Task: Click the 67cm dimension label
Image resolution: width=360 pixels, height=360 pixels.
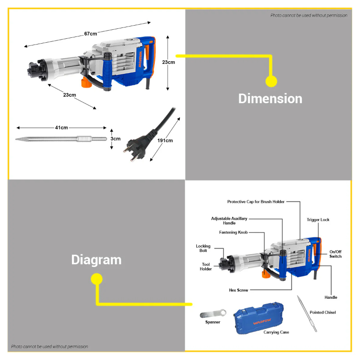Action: click(x=90, y=34)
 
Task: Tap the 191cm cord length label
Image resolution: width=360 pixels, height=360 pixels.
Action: click(x=165, y=140)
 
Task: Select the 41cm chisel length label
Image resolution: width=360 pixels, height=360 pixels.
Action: click(x=61, y=128)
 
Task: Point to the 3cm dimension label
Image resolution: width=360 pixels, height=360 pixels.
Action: click(x=116, y=139)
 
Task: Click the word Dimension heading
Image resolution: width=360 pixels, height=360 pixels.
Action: click(x=270, y=99)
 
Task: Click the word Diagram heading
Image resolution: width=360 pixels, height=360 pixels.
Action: click(x=96, y=260)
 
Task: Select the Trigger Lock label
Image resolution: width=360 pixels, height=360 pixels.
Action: click(x=318, y=220)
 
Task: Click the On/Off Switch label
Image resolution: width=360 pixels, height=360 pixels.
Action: click(x=335, y=254)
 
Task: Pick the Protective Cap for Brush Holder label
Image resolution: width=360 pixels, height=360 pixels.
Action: click(x=256, y=202)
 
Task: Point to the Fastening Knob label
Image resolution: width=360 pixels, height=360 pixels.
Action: click(x=233, y=232)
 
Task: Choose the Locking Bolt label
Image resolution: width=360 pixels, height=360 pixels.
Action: click(x=203, y=248)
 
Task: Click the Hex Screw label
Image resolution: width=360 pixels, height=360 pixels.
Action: click(x=238, y=290)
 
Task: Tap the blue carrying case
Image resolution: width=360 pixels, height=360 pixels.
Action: click(x=258, y=318)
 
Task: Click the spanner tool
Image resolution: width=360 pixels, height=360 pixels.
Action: click(x=213, y=314)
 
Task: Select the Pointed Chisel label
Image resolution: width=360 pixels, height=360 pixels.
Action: click(x=323, y=312)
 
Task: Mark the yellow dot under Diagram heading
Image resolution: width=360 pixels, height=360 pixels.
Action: click(x=97, y=279)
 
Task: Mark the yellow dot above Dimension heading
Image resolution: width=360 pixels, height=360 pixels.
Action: click(x=271, y=81)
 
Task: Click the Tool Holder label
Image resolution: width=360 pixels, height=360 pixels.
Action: click(x=206, y=266)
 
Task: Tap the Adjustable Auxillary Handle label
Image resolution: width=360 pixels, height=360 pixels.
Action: click(x=229, y=220)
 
